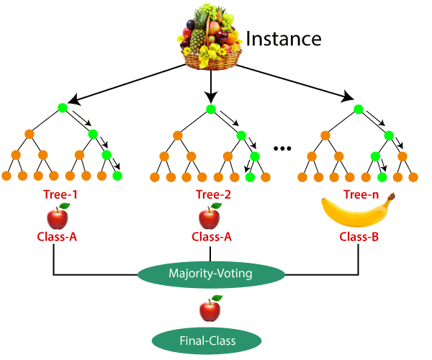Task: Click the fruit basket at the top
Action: coord(211,37)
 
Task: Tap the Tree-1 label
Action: coord(60,194)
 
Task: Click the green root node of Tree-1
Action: coord(62,109)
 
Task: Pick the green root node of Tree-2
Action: coord(210,109)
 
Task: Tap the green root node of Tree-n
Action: coord(358,109)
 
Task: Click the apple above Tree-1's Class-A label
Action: coord(59,215)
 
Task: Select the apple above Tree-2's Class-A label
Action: coord(210,215)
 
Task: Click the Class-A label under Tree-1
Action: coord(58,236)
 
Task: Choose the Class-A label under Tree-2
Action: coord(210,236)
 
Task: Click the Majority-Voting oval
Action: coord(210,274)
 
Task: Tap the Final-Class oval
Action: coord(210,338)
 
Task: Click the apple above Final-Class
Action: coord(210,310)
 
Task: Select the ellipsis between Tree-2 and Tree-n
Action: coord(282,148)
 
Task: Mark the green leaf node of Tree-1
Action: coord(117,175)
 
